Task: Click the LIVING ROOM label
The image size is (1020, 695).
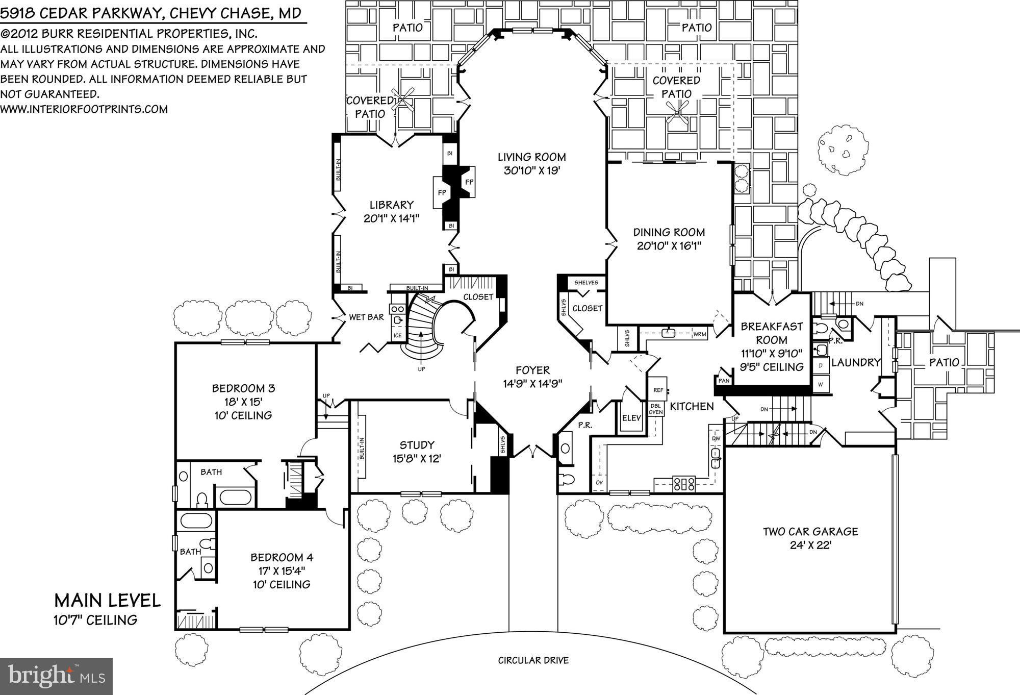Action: [x=531, y=157]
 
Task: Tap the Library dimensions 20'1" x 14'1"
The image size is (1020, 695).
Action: [x=391, y=219]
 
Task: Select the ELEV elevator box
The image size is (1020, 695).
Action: [x=631, y=418]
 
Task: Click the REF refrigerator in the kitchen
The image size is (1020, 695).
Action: [x=658, y=390]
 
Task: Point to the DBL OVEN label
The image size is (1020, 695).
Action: [x=656, y=409]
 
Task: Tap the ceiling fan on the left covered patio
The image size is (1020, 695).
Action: [x=403, y=101]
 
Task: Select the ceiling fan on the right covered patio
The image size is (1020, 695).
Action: [x=678, y=112]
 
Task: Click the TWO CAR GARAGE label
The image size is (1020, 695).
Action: [x=810, y=532]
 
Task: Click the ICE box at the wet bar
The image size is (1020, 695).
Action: [x=397, y=335]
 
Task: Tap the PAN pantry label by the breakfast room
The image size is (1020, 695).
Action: [x=723, y=381]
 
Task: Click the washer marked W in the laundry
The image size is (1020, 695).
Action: [x=820, y=384]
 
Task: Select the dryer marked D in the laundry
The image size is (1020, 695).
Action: [x=820, y=366]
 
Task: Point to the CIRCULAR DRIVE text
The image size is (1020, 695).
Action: [x=533, y=660]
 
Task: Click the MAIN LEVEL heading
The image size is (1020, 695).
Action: [x=107, y=601]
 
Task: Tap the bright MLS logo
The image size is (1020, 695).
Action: [x=56, y=676]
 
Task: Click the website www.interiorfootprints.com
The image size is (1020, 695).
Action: [x=84, y=109]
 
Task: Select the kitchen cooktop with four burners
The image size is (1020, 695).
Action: [x=683, y=483]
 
